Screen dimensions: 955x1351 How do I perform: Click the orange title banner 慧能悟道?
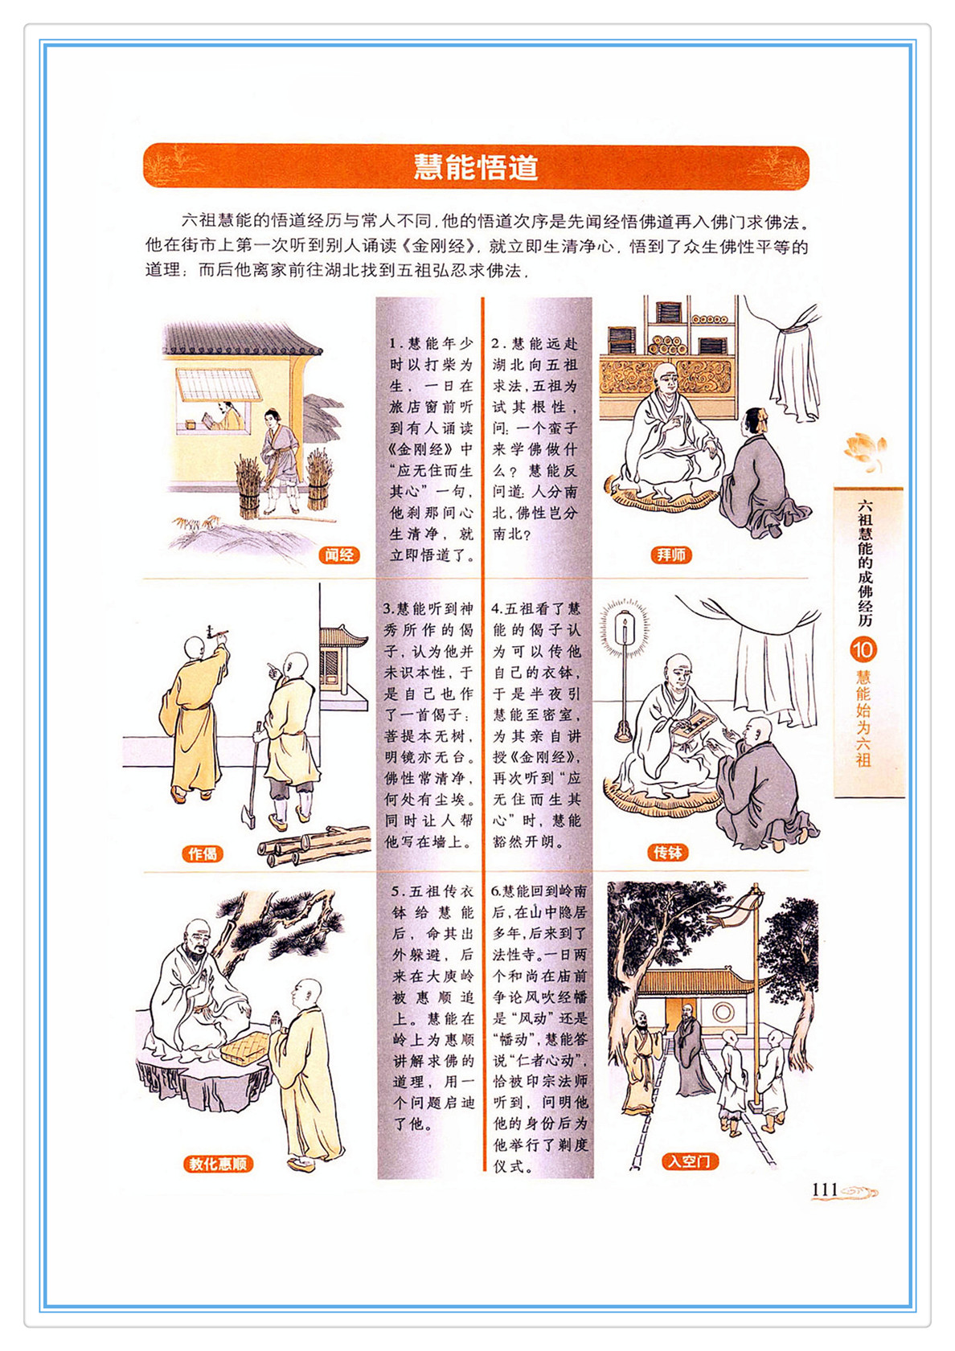475,166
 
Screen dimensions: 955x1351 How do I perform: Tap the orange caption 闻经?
339,555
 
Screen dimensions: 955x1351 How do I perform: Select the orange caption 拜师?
671,555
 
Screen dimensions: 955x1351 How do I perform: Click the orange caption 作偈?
202,854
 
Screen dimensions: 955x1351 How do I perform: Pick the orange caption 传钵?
668,853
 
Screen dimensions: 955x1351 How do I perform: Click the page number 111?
825,1189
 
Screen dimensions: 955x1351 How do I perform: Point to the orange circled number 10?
863,650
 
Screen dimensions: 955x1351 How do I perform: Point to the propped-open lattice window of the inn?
217,383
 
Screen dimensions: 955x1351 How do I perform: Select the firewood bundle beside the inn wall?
248,486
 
